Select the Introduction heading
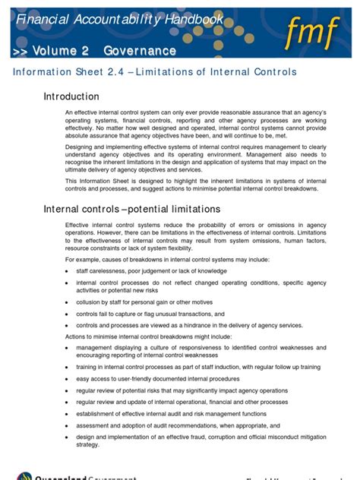pos(71,96)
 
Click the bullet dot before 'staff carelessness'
pos(67,271)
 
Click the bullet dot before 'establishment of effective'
pos(67,414)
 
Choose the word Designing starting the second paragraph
pos(82,150)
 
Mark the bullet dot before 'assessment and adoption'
pos(67,426)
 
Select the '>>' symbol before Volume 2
pos(22,51)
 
